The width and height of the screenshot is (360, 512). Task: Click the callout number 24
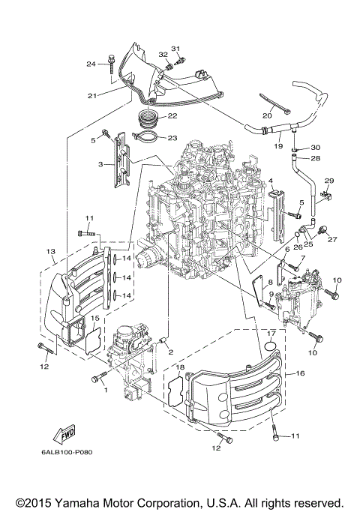coord(90,64)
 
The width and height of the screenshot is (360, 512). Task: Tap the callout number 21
coord(92,96)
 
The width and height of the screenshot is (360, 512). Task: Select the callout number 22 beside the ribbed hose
coord(172,116)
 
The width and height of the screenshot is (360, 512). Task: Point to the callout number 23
coord(172,137)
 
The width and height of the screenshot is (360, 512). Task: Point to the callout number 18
coord(179,367)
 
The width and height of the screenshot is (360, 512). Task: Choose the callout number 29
coord(328,182)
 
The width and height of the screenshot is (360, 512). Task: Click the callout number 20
coord(267,116)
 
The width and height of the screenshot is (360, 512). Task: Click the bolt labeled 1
coord(97,379)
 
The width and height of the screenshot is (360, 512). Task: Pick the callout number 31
coord(177,49)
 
